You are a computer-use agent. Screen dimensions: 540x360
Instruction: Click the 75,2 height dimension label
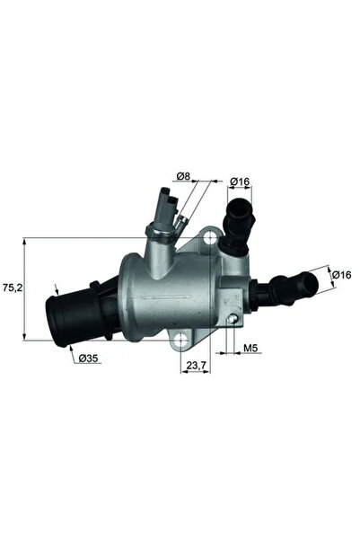[12, 289]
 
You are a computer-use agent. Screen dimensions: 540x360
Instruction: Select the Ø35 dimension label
[88, 359]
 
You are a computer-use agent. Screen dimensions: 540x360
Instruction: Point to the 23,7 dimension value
[196, 366]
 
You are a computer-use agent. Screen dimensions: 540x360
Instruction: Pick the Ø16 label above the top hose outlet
[238, 181]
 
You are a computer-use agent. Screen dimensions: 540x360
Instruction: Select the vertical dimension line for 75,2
[24, 289]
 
